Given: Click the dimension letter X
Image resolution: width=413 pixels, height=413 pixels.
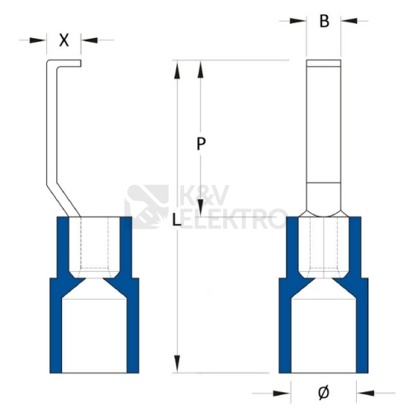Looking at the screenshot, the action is [x=64, y=40].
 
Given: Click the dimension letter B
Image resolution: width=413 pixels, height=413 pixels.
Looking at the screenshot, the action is [x=325, y=21].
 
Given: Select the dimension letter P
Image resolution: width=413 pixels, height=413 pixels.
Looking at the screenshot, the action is [x=202, y=144].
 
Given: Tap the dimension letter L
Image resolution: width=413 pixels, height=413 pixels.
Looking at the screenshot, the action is [x=177, y=220].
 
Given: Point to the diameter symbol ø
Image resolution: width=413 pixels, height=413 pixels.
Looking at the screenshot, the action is [x=324, y=392].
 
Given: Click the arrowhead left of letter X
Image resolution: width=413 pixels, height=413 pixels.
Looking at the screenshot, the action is [x=37, y=40].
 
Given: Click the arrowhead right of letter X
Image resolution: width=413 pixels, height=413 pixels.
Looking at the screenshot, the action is [x=90, y=40].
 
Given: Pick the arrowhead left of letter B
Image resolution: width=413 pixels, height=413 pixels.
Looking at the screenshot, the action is [x=297, y=21].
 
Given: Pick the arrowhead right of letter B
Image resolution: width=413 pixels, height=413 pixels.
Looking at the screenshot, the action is [x=349, y=21].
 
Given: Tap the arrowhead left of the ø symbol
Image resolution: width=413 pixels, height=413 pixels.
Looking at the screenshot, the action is [x=282, y=393].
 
